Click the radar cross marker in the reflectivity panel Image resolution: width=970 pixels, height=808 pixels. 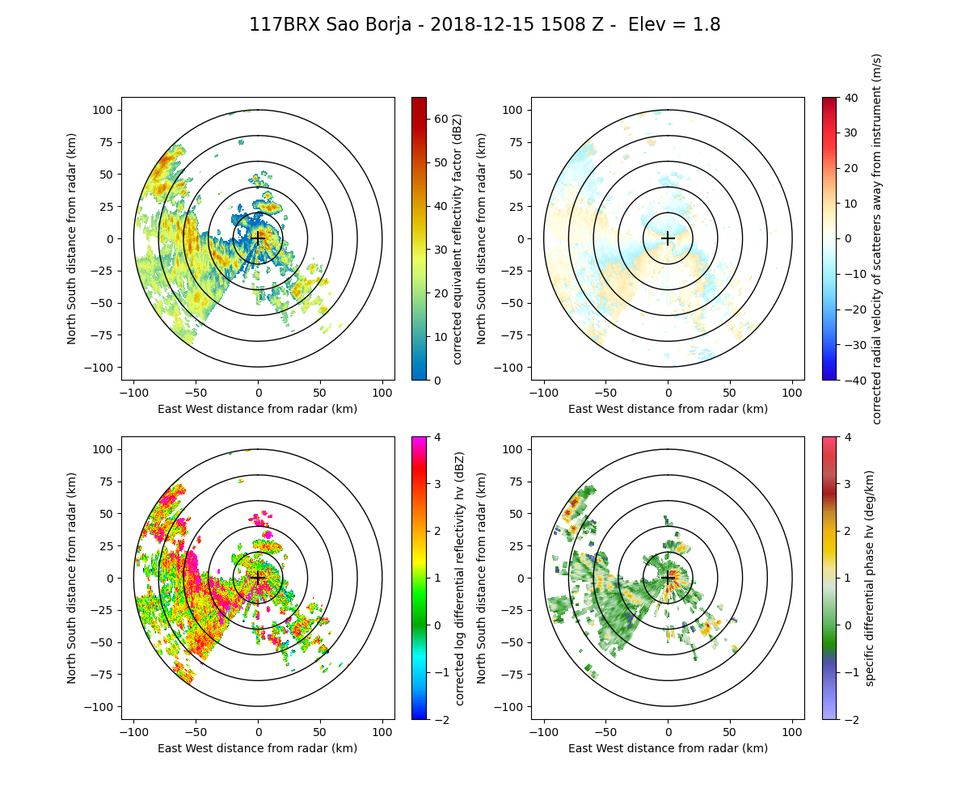pyautogui.click(x=258, y=238)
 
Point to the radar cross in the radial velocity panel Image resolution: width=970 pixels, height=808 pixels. pyautogui.click(x=668, y=238)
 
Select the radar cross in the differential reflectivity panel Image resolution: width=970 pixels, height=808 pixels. pyautogui.click(x=258, y=578)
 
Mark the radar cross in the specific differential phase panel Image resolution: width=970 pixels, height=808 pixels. pyautogui.click(x=668, y=578)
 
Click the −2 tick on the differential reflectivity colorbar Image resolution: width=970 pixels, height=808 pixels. pyautogui.click(x=437, y=719)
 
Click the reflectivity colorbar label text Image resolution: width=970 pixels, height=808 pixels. pyautogui.click(x=458, y=238)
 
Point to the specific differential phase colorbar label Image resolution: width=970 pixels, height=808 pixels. pyautogui.click(x=870, y=578)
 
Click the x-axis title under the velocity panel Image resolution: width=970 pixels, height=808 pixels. pyautogui.click(x=668, y=409)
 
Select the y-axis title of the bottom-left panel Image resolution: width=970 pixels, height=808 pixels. pyautogui.click(x=72, y=578)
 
